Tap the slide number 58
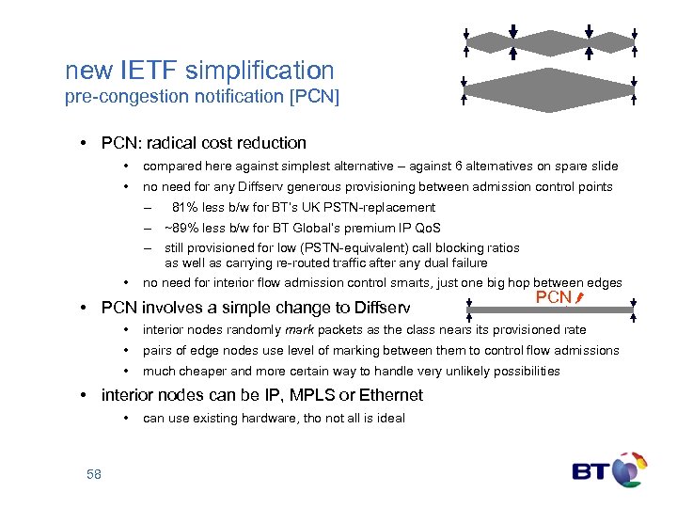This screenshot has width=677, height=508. click(x=94, y=473)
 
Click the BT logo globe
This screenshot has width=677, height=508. click(x=628, y=470)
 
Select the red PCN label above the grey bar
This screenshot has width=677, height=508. click(x=554, y=298)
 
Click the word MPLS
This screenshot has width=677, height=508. click(x=302, y=395)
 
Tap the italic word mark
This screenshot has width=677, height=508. click(x=300, y=329)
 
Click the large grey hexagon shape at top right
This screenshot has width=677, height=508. click(x=549, y=89)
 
